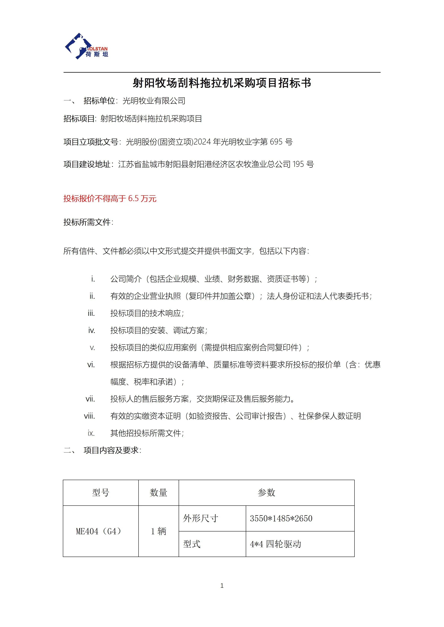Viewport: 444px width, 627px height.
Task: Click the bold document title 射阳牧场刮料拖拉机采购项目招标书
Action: click(222, 83)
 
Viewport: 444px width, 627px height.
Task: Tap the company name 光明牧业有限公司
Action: click(154, 101)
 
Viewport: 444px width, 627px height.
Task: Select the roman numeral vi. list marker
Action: click(91, 365)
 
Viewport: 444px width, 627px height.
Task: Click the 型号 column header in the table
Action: click(101, 493)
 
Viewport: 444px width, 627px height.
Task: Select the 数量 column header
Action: click(159, 493)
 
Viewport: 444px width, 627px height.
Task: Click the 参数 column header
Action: click(266, 493)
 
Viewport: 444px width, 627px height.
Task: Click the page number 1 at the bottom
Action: click(222, 585)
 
